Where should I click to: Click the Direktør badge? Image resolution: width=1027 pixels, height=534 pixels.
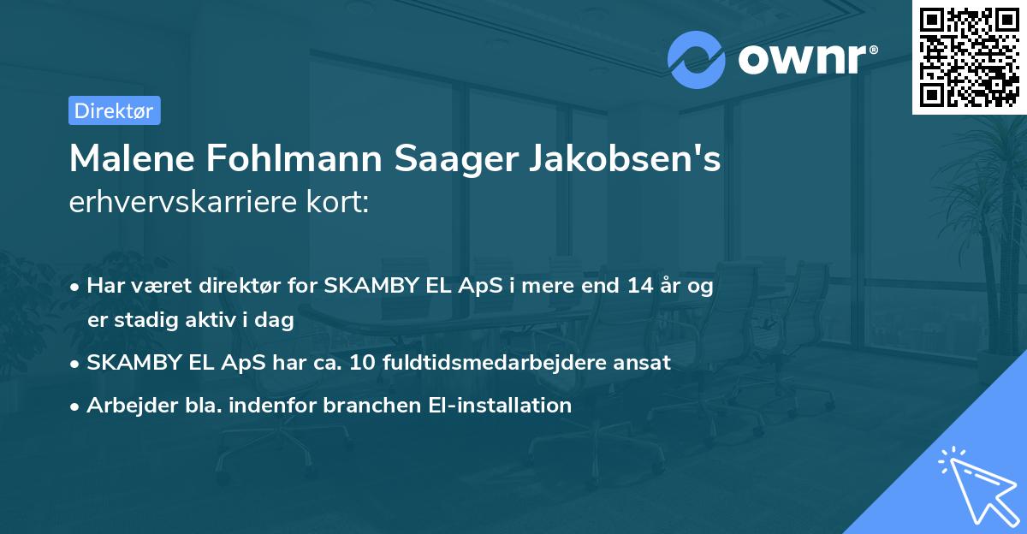coord(114,110)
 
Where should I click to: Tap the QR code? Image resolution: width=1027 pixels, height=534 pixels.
coord(970,56)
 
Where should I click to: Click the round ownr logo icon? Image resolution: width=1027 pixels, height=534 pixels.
coord(697,59)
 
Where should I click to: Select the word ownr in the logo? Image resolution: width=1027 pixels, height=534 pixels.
coord(802,60)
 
